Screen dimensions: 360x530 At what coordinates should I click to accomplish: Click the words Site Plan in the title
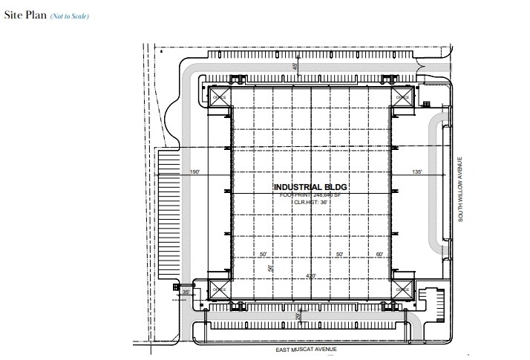point(24,16)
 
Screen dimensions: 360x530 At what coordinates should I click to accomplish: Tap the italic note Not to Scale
point(70,16)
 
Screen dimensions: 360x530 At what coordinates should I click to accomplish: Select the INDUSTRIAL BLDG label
point(310,187)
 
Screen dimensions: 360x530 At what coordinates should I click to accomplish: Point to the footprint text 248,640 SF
point(310,194)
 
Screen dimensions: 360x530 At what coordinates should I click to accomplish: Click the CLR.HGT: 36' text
point(310,201)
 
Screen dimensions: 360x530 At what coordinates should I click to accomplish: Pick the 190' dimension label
point(195,172)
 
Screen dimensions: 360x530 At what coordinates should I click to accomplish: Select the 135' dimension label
point(416,172)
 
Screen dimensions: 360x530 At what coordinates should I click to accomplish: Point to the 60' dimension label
point(379,255)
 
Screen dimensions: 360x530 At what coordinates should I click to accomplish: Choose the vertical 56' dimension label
point(272,269)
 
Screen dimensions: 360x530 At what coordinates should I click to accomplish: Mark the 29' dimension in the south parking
point(298,317)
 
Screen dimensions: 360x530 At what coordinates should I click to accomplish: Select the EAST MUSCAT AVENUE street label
point(307,347)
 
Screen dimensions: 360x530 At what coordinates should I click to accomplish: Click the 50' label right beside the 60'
point(339,255)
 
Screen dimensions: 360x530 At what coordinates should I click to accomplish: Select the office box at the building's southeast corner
point(402,290)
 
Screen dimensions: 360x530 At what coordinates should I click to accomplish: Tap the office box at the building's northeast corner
point(402,97)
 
